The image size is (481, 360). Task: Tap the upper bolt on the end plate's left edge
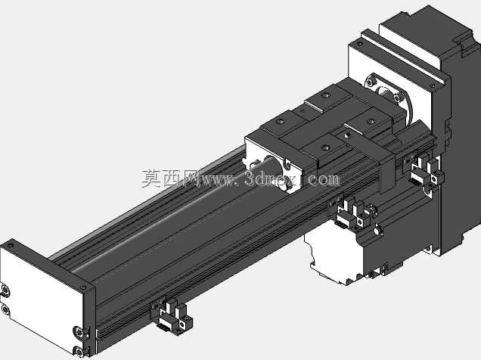click(x=5, y=290)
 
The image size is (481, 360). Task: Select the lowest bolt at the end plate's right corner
click(x=79, y=352)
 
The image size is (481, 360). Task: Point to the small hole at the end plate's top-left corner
click(x=11, y=246)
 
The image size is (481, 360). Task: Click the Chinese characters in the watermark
click(x=171, y=178)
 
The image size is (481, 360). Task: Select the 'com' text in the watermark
click(x=324, y=179)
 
